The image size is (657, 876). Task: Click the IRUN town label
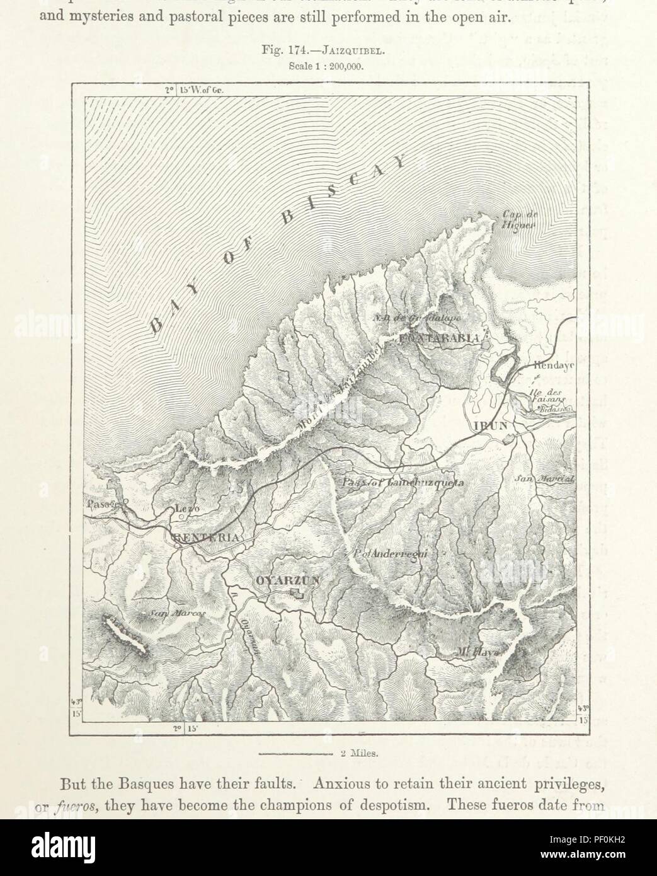[490, 425]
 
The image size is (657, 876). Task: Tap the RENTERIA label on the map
[205, 538]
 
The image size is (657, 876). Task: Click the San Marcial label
[545, 479]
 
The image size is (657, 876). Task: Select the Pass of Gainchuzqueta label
[403, 483]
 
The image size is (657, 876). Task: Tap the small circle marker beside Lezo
[181, 517]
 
